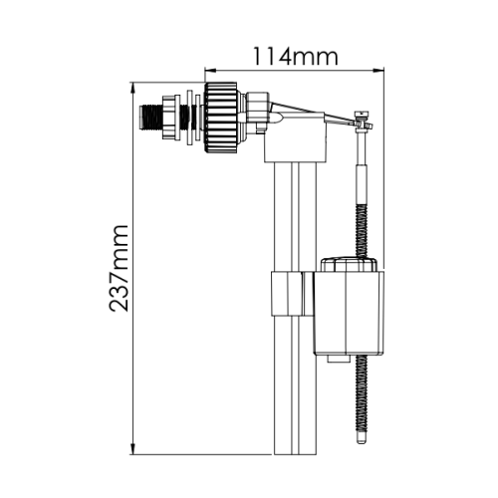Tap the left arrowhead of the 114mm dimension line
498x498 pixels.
pyautogui.click(x=208, y=71)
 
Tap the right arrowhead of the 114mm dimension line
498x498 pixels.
pyautogui.click(x=382, y=71)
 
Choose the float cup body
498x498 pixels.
pyautogui.click(x=346, y=314)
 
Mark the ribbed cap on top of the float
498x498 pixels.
pyautogui.click(x=349, y=264)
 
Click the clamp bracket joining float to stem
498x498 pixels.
pyautogui.click(x=290, y=294)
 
